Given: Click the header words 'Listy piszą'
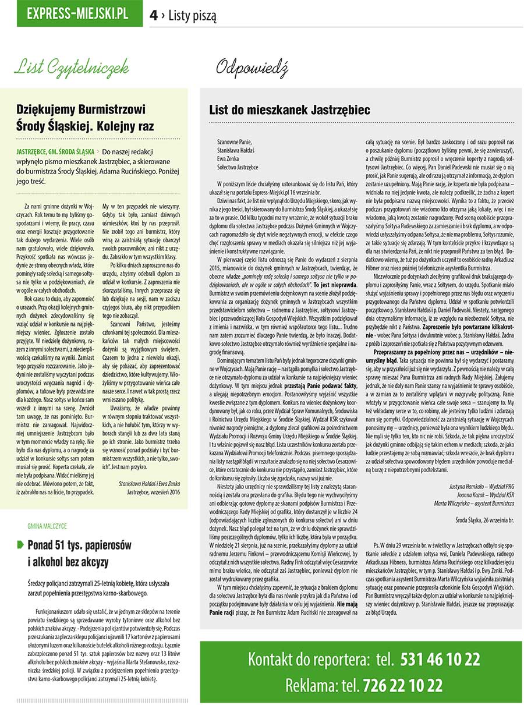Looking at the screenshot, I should click(192, 16).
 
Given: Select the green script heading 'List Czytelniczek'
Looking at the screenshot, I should click(70, 69).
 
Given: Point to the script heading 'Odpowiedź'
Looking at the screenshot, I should click(252, 69).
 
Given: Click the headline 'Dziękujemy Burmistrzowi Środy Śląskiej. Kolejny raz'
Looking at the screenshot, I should click(80, 116).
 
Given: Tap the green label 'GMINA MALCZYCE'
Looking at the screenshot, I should click(47, 526).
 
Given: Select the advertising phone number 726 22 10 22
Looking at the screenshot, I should click(402, 685).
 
